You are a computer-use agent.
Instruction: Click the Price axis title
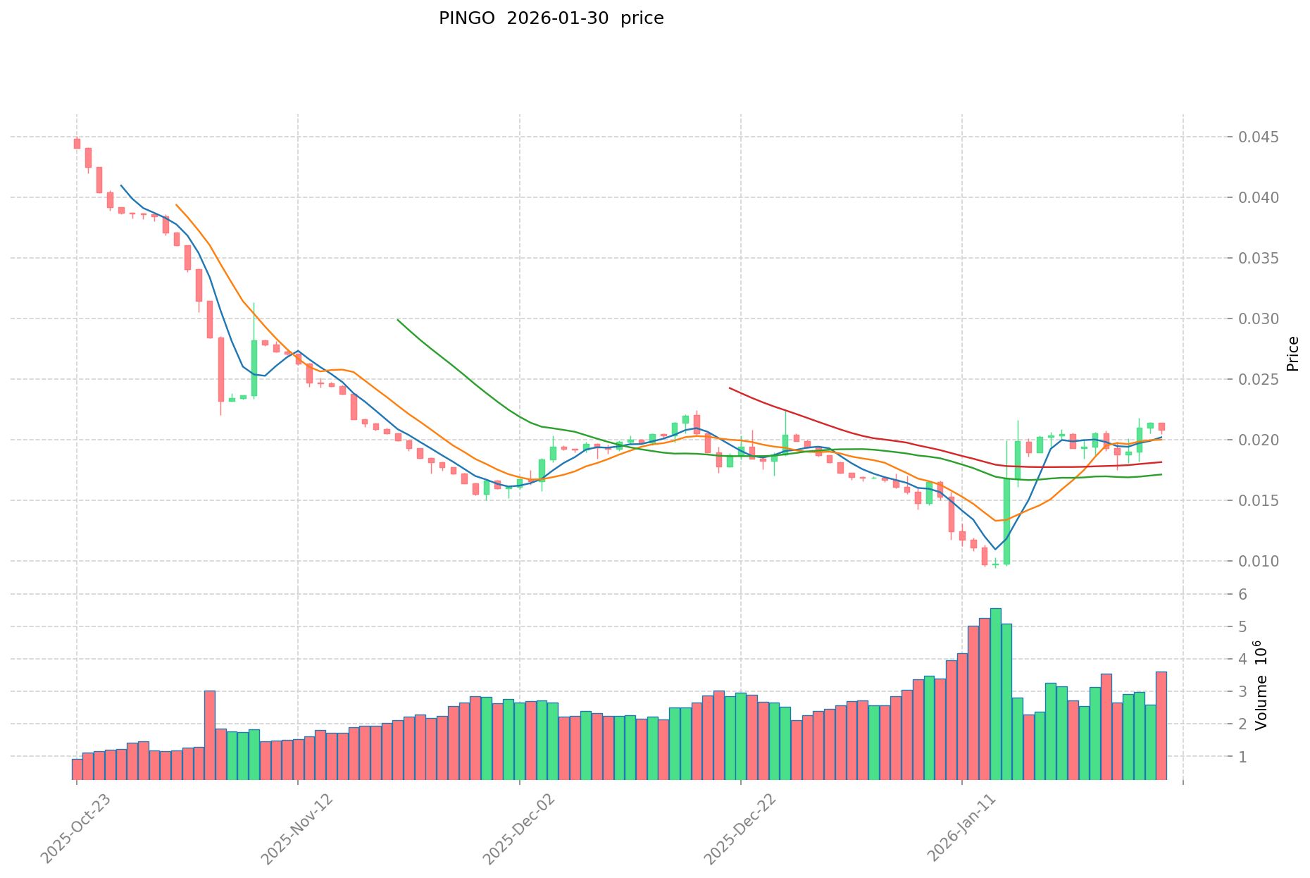pyautogui.click(x=1292, y=353)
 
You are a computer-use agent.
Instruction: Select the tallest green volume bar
pyautogui.click(x=995, y=693)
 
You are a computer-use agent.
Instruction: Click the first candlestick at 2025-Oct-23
pyautogui.click(x=77, y=143)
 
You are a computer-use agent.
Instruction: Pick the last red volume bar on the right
pyautogui.click(x=1161, y=725)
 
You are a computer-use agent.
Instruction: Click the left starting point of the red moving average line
pyautogui.click(x=730, y=388)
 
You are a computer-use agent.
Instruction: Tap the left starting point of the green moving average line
pyautogui.click(x=398, y=319)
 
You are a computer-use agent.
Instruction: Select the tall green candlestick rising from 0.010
pyautogui.click(x=1006, y=521)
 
